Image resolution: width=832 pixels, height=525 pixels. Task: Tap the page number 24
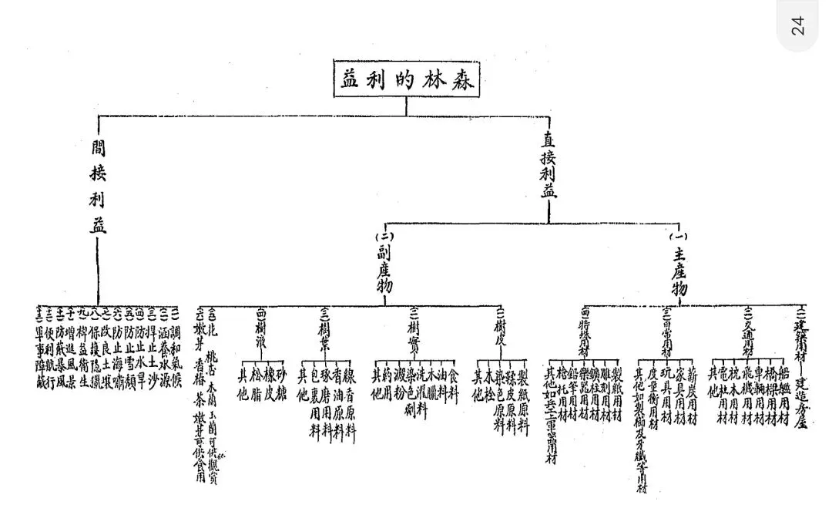(797, 25)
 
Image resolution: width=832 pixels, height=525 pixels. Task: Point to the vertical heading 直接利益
(549, 166)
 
